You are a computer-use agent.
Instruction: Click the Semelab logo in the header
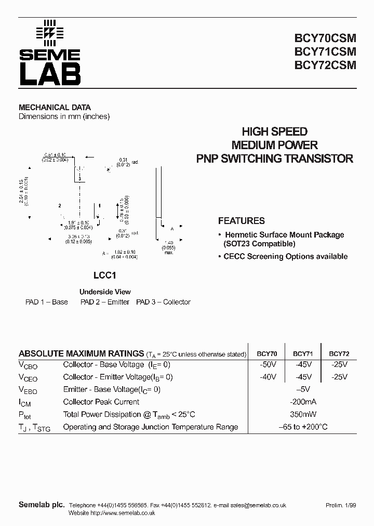coord(50,54)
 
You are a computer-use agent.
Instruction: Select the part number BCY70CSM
coord(325,39)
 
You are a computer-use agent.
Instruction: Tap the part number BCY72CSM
coord(325,65)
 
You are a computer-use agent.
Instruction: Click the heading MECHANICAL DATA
coord(55,108)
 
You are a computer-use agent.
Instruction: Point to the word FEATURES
coord(241,221)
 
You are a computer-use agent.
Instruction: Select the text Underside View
coord(105,292)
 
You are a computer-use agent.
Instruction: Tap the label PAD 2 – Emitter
coord(104,302)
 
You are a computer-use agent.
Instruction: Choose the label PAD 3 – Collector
coord(163,302)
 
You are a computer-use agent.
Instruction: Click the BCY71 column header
coord(303,354)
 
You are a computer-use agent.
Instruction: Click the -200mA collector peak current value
coord(303,402)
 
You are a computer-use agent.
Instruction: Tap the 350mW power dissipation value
coord(303,414)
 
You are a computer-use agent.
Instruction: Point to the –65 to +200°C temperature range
coord(303,427)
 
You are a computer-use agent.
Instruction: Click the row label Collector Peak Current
coord(101,402)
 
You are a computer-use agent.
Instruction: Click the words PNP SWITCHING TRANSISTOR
coord(275,159)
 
